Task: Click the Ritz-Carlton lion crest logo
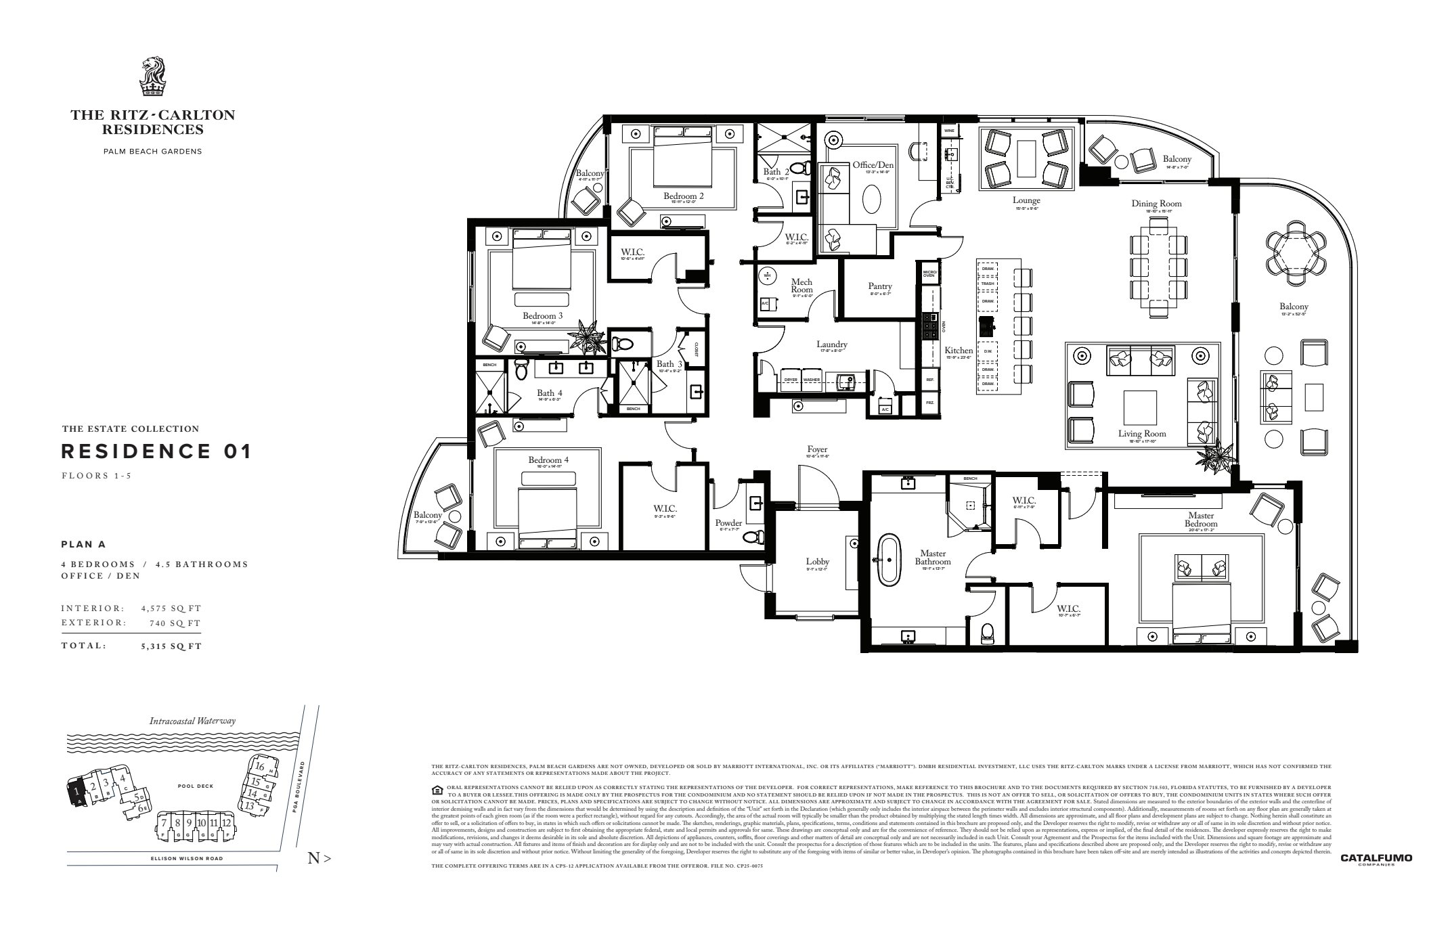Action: point(152,79)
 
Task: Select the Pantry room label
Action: point(880,286)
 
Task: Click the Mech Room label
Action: point(801,286)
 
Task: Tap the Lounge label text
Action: point(1026,200)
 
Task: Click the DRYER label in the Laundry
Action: point(791,380)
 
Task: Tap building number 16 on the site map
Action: point(259,767)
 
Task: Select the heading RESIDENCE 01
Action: point(156,451)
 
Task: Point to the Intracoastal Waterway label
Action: point(192,721)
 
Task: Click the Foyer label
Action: point(817,449)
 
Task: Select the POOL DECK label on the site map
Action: point(196,786)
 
